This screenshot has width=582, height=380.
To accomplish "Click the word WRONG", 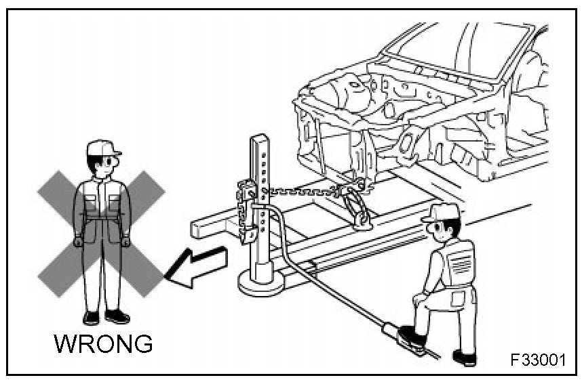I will [103, 343].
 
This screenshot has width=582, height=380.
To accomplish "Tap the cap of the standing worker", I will [104, 148].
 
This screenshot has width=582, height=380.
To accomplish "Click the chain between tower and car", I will [298, 192].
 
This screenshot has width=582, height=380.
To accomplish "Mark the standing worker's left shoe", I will [117, 316].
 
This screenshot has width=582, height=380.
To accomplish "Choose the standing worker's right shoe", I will [91, 317].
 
